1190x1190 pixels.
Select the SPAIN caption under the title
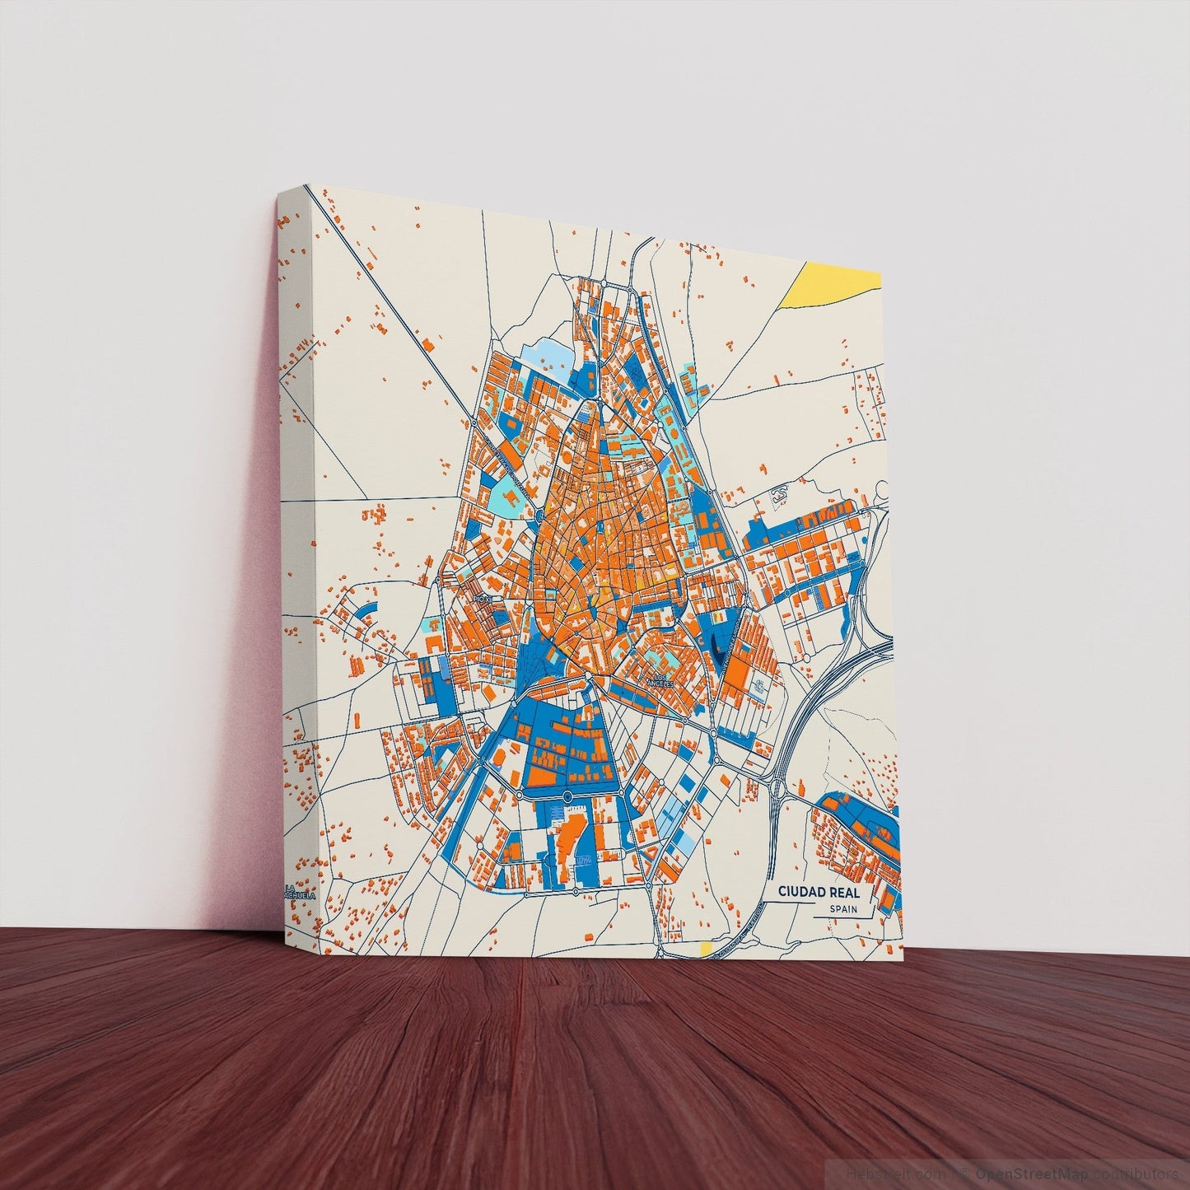[843, 909]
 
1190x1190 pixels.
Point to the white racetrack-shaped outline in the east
[779, 494]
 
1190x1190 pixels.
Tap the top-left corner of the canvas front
[307, 184]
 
